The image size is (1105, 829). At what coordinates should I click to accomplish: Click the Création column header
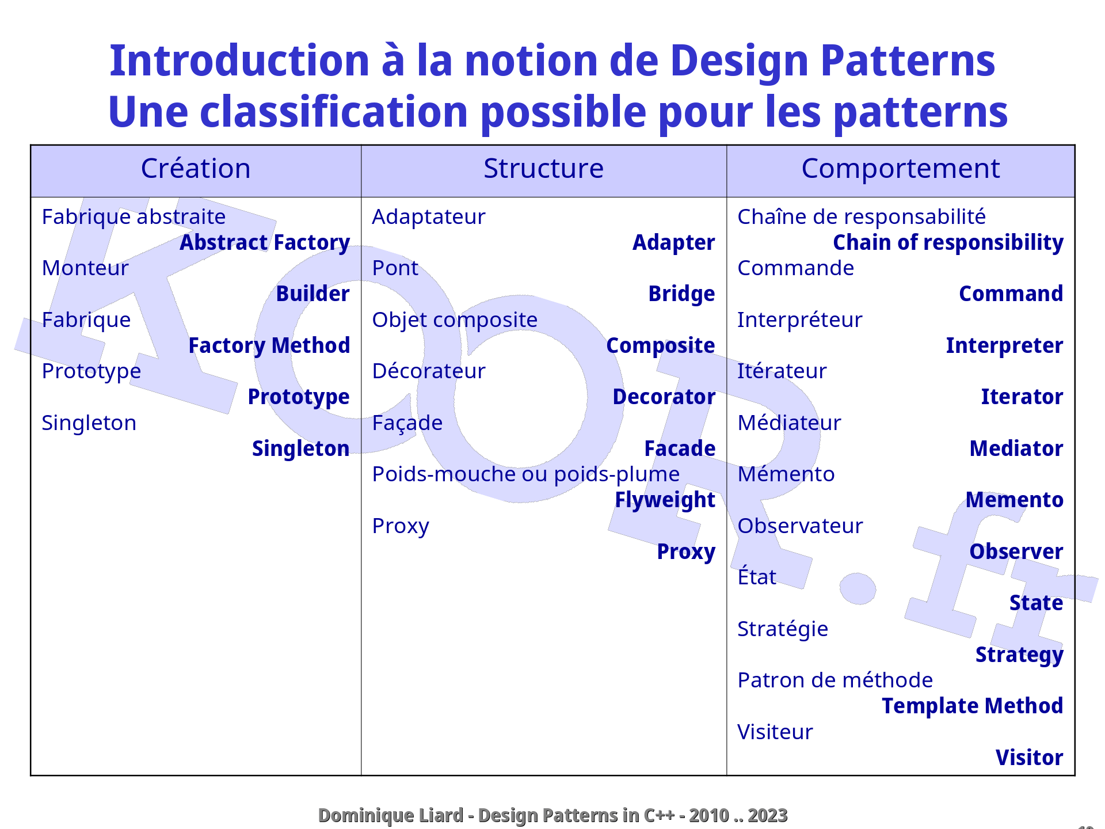(196, 169)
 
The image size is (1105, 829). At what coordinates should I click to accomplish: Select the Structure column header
(543, 169)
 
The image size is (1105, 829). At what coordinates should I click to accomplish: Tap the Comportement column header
(900, 169)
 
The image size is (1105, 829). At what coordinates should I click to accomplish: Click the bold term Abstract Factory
(265, 243)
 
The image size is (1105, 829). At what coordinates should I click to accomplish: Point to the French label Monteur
(85, 268)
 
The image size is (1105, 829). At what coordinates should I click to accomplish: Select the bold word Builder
(313, 294)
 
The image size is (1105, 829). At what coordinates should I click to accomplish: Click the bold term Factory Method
(269, 346)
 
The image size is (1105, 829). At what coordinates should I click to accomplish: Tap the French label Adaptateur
(428, 218)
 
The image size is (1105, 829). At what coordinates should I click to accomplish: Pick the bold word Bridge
(681, 294)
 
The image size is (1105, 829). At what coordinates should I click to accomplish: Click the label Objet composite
(455, 320)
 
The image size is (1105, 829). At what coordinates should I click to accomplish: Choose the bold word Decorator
(664, 397)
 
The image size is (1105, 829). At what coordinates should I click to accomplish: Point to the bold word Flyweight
(665, 500)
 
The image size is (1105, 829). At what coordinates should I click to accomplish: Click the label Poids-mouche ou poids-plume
(525, 474)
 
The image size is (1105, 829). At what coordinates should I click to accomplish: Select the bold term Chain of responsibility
(948, 243)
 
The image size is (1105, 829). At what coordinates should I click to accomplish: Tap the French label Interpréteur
(799, 320)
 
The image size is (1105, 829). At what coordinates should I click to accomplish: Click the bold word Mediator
(1016, 449)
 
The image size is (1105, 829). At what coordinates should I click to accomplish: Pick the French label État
(757, 577)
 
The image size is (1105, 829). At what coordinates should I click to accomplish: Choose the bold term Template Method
(972, 706)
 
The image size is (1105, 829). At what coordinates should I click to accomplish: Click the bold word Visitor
(1029, 758)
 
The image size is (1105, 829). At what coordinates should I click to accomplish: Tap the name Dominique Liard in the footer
(390, 816)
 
